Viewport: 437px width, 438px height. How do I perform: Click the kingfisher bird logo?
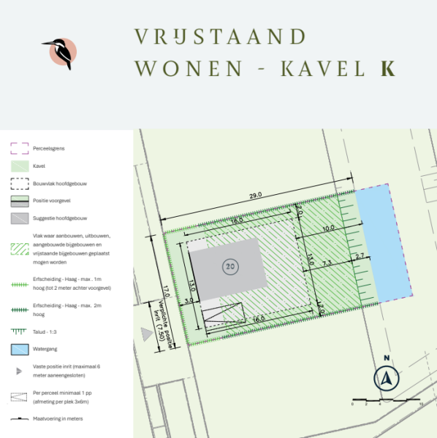click(x=60, y=53)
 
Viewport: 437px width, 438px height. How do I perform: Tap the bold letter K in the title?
click(x=387, y=69)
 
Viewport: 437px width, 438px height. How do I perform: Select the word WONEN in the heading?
click(x=189, y=69)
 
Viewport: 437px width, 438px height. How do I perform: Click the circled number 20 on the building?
click(x=230, y=268)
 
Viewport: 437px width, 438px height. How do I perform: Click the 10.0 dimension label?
click(x=328, y=228)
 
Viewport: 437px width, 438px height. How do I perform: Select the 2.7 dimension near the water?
click(x=359, y=256)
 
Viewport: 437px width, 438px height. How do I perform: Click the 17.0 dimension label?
click(x=167, y=291)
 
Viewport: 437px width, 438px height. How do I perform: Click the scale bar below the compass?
click(x=386, y=401)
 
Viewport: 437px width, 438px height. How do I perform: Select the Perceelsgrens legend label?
click(x=49, y=148)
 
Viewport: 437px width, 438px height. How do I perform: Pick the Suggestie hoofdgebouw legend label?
click(x=59, y=218)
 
